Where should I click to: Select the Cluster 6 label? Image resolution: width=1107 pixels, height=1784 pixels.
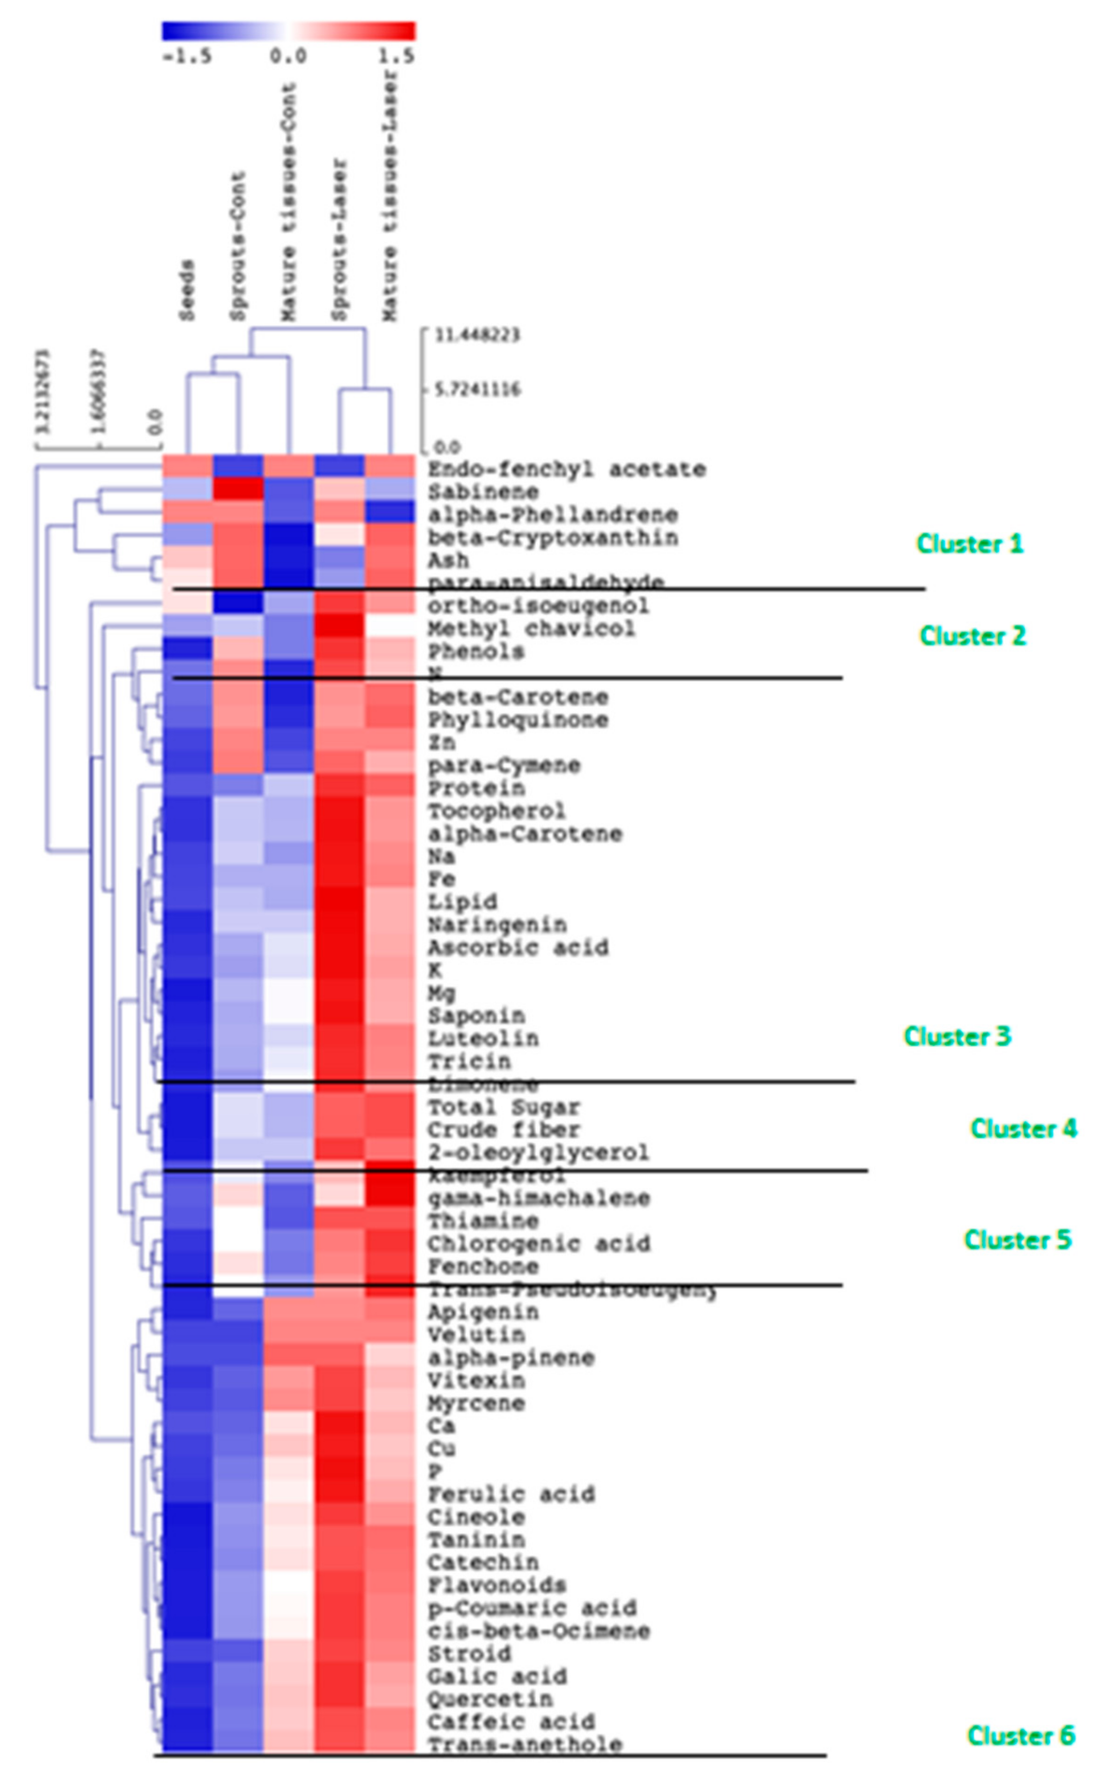pos(1021,1735)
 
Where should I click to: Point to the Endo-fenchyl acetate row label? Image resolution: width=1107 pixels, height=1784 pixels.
pos(567,469)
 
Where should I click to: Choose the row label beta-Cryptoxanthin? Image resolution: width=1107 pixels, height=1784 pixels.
pos(553,537)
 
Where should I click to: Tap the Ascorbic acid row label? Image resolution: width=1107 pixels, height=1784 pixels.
pos(518,947)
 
